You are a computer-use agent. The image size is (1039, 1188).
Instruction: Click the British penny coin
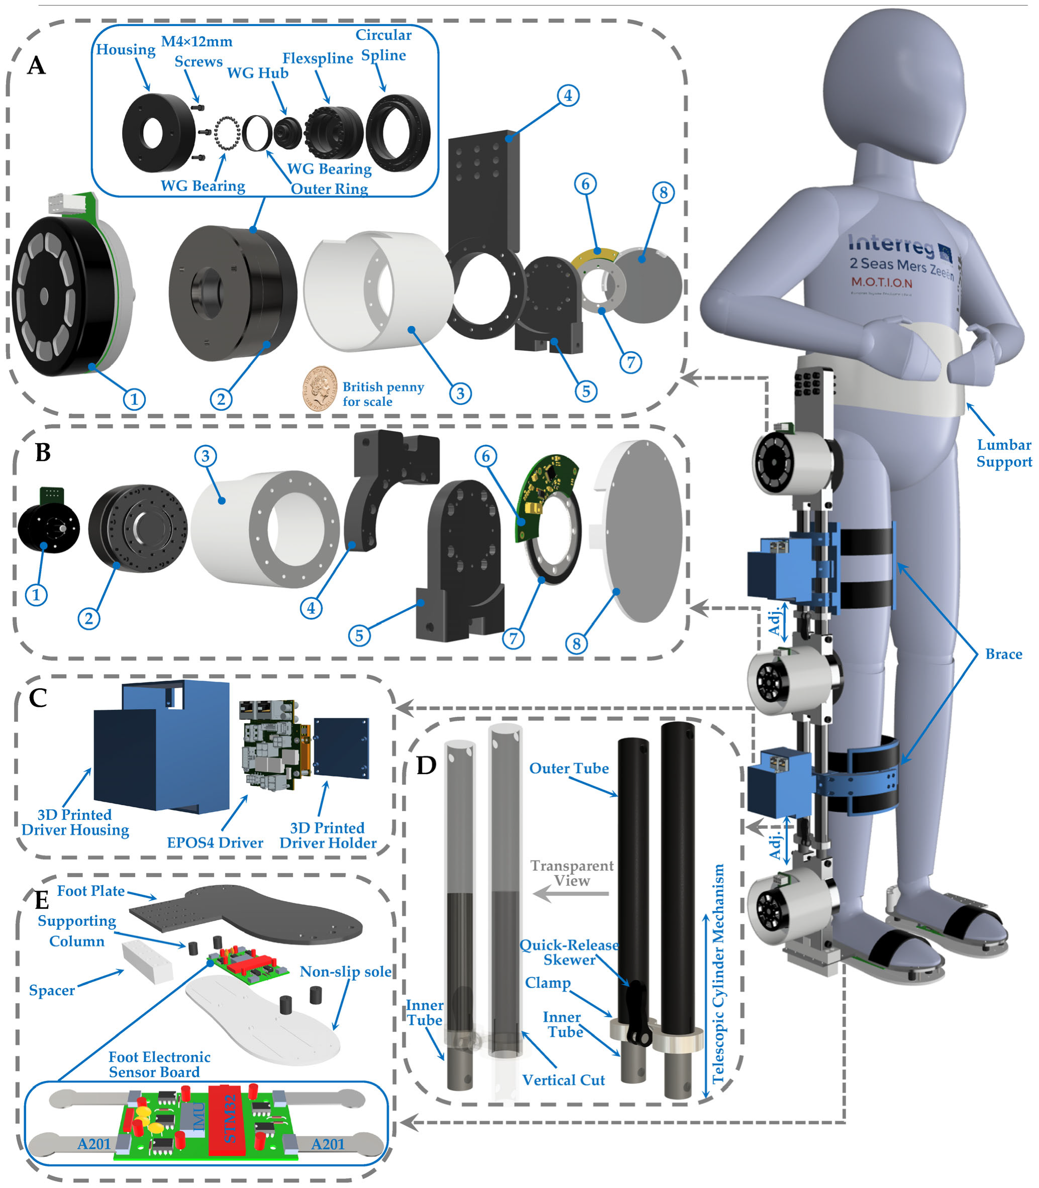[319, 389]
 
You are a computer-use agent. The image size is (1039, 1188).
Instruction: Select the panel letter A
[37, 65]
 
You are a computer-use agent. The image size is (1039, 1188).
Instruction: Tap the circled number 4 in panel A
[568, 95]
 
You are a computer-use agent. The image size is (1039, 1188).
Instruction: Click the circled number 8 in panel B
[576, 643]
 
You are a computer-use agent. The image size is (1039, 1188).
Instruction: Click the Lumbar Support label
[1004, 453]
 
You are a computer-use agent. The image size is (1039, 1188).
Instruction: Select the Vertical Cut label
[563, 1079]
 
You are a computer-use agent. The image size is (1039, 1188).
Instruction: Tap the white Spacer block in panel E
[147, 961]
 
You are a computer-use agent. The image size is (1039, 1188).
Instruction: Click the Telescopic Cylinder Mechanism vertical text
[718, 974]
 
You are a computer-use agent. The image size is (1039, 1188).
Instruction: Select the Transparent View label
[571, 873]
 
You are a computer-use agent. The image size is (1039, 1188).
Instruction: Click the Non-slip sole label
[346, 971]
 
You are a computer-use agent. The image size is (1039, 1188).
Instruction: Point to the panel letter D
[426, 766]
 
